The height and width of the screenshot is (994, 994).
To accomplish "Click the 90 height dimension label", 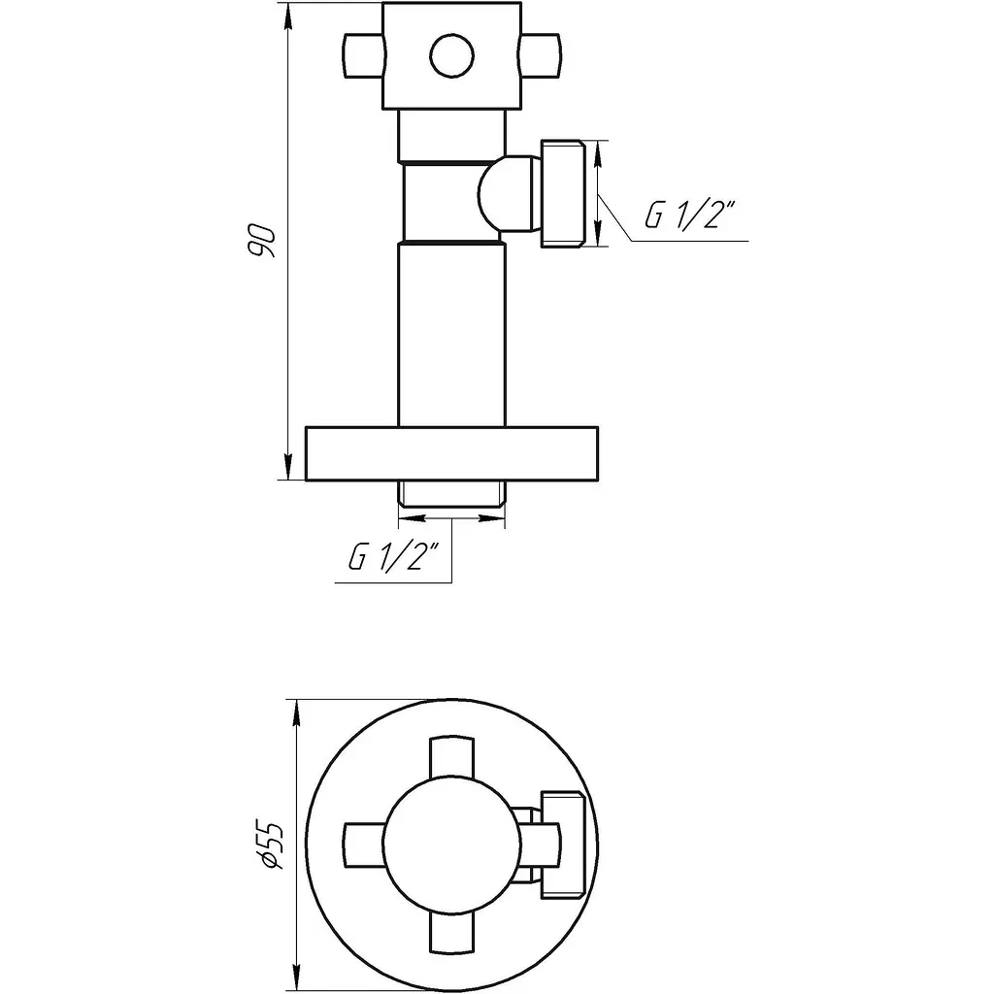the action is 261,241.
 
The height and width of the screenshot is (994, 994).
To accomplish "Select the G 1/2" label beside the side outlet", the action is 690,215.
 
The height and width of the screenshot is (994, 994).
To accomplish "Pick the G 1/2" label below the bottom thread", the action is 393,556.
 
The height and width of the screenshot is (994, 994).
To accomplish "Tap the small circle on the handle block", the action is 452,56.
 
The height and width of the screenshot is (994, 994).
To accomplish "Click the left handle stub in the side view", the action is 364,55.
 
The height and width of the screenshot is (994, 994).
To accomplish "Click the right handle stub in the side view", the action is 541,55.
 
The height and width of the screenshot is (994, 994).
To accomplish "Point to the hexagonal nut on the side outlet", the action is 563,194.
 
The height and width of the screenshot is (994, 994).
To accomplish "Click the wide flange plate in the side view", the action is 452,454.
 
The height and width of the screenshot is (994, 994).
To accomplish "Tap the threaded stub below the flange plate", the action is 452,494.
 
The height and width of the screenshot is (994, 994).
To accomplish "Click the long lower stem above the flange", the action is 452,335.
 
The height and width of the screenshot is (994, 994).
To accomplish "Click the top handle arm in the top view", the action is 452,757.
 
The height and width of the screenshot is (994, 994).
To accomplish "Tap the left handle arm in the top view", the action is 365,845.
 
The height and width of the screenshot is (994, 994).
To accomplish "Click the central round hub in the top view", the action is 452,845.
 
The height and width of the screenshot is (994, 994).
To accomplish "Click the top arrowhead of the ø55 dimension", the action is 295,713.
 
